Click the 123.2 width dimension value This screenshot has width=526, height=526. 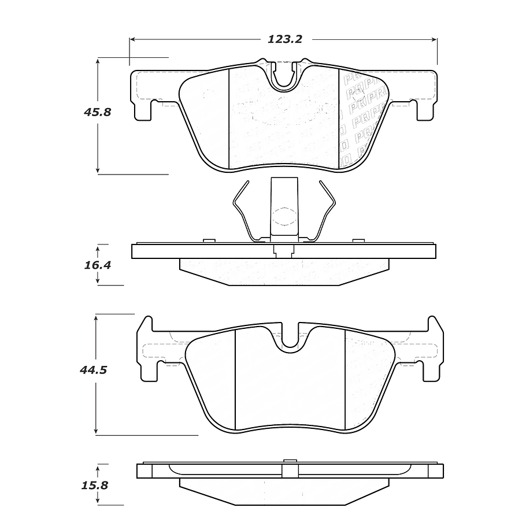pyautogui.click(x=285, y=39)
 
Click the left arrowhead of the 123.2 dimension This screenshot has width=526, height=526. pyautogui.click(x=132, y=39)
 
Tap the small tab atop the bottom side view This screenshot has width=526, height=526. pyautogui.click(x=290, y=461)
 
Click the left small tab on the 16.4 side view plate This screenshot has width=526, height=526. pyautogui.click(x=209, y=240)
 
